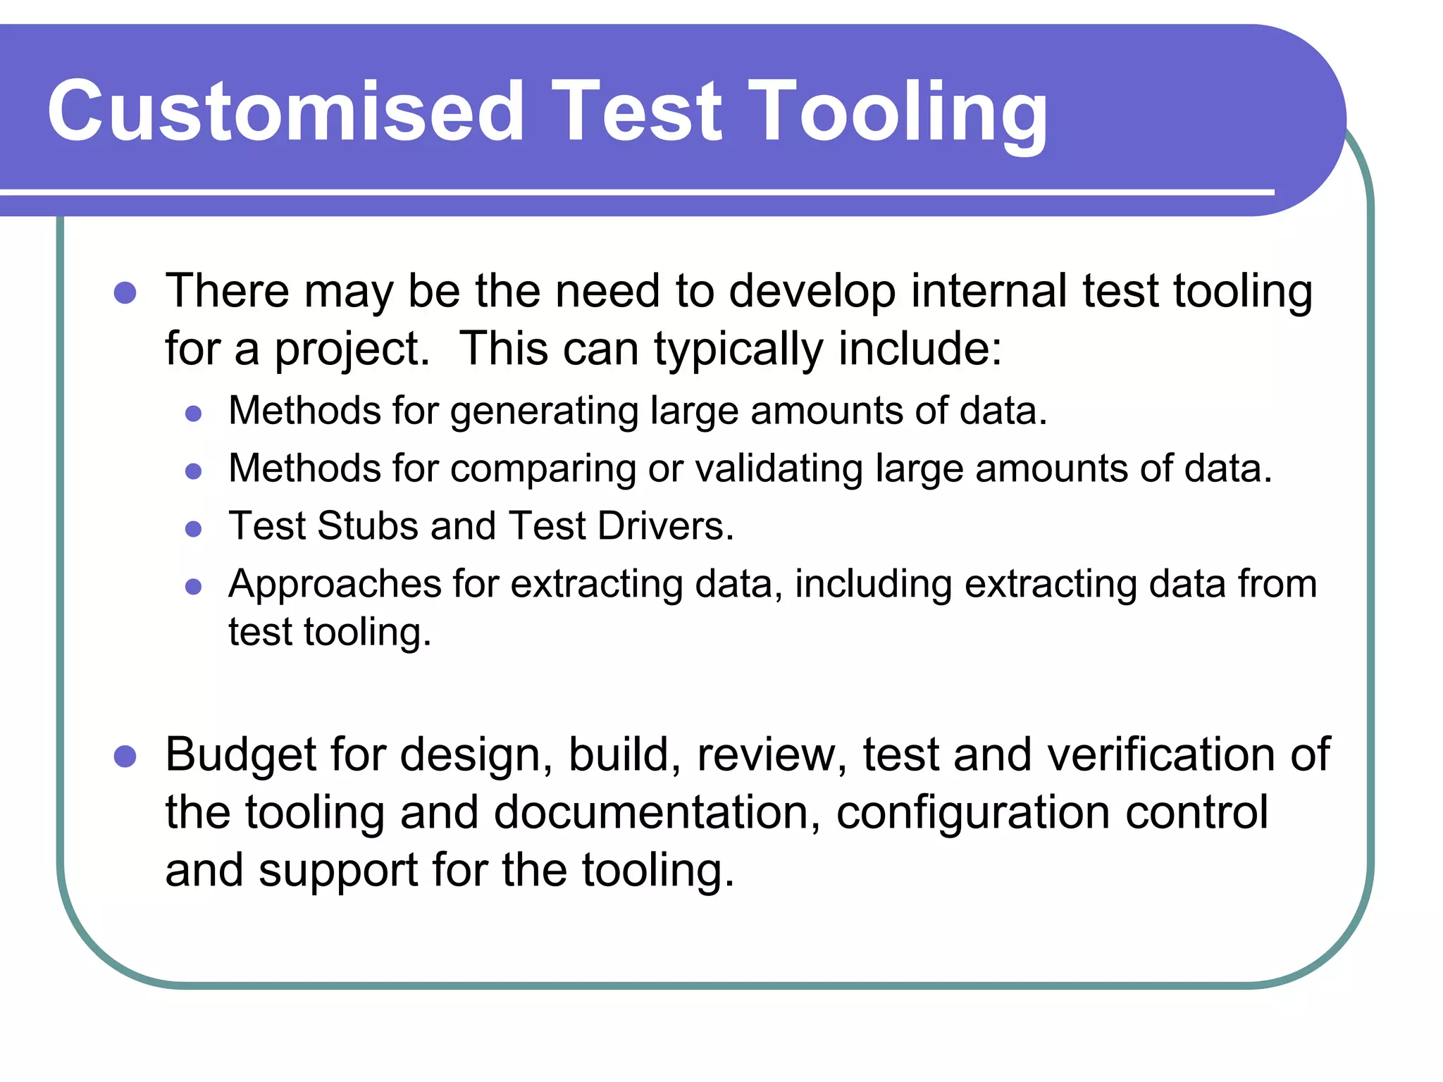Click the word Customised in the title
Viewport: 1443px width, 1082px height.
coord(285,111)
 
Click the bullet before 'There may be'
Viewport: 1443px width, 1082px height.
coord(125,292)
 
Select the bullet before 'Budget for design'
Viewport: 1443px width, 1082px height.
coord(125,757)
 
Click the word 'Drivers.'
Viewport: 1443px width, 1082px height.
coord(665,526)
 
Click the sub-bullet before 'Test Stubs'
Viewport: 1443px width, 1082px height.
coord(193,528)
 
